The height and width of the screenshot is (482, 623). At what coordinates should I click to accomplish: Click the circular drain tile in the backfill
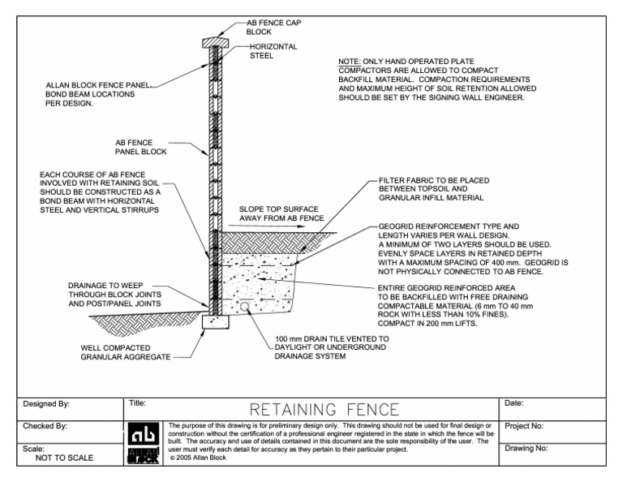coord(245,306)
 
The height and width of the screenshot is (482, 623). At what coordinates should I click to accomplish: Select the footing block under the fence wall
coord(216,322)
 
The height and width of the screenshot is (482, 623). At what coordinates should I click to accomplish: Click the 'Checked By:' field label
coord(45,425)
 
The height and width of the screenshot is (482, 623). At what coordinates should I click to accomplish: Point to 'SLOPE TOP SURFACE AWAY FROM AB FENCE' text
coord(281,213)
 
